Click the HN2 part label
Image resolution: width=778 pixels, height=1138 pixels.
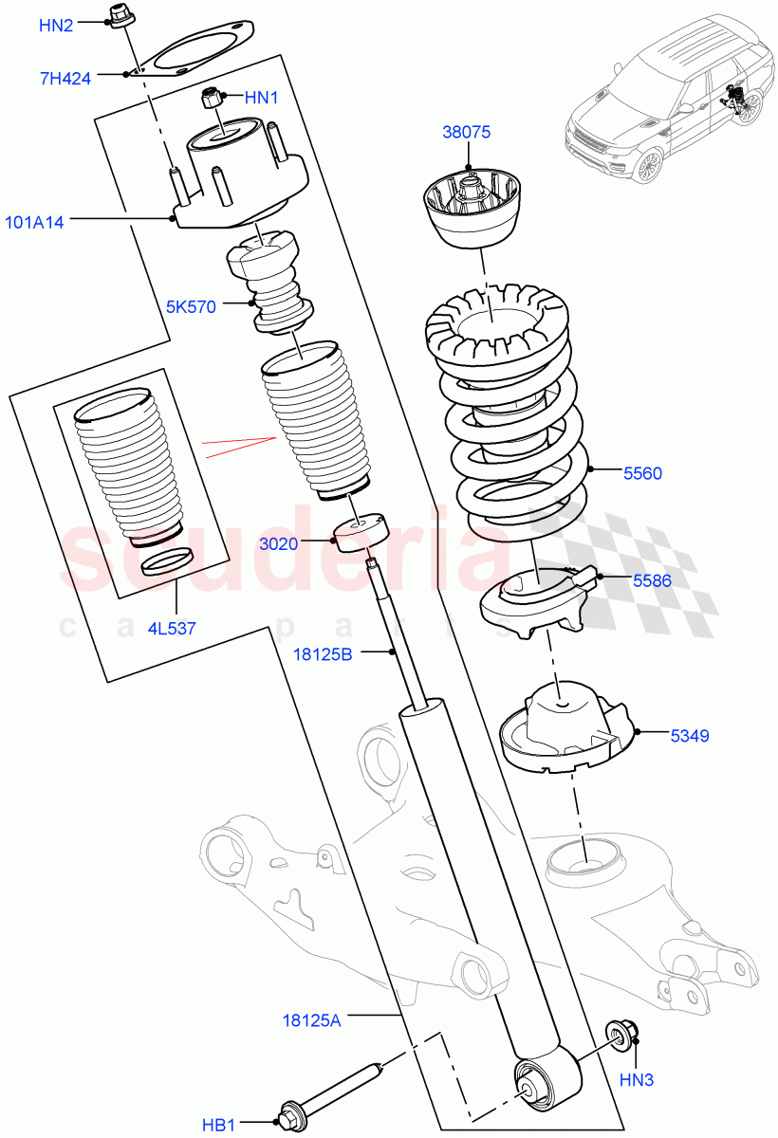click(55, 26)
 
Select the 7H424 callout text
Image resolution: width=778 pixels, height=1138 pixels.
click(65, 79)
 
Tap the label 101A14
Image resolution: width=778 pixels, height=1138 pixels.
click(35, 224)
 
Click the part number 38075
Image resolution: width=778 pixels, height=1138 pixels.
click(466, 133)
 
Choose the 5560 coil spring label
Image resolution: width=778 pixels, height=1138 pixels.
click(642, 473)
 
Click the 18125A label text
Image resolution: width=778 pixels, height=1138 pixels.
click(310, 1020)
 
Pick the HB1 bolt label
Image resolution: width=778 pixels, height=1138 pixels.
click(218, 1125)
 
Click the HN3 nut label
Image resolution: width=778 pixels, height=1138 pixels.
click(638, 1079)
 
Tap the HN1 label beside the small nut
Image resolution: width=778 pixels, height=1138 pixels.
click(263, 97)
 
